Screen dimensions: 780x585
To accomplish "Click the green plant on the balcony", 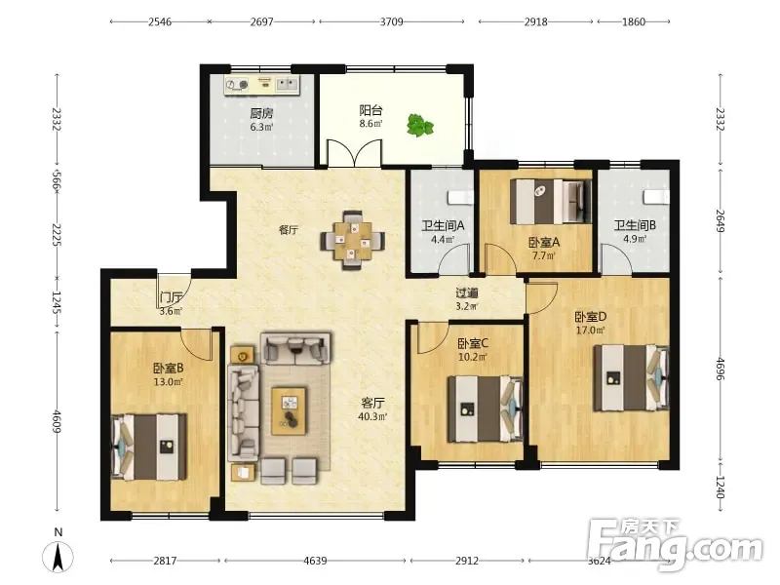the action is pos(420,125).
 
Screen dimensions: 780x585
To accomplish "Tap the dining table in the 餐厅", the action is pos(352,240).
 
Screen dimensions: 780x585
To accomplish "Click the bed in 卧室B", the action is pos(149,447).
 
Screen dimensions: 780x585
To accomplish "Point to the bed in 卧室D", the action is pos(631,378).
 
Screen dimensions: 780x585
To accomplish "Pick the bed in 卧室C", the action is pos(486,409).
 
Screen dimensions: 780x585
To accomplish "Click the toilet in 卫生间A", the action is pos(460,198).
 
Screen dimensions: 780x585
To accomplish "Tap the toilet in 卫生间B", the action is pos(656,197).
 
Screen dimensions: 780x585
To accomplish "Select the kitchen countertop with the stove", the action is pos(261,85).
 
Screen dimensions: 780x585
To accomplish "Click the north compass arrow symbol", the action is pos(58,557).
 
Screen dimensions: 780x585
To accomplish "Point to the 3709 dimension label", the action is pos(392,21).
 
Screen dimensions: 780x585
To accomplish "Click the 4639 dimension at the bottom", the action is pos(315,562).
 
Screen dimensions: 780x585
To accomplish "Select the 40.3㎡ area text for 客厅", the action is pos(372,416).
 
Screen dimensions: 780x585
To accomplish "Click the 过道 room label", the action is pos(467,293).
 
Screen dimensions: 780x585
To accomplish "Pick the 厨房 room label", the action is pos(261,113).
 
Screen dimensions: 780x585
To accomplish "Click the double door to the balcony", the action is pos(354,153).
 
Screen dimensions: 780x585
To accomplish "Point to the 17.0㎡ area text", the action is pos(591,330).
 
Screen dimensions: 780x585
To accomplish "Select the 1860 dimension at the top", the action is pos(634,21).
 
